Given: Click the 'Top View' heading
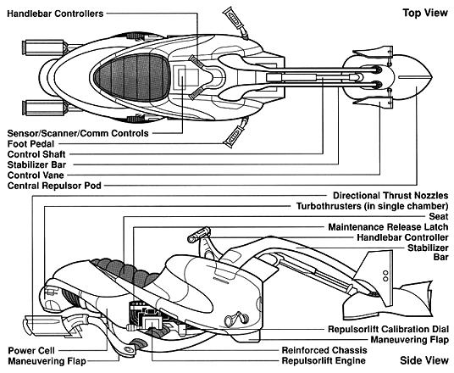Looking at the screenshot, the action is pos(425,13).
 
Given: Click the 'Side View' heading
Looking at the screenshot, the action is pos(424,360).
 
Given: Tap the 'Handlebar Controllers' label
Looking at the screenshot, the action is pos(55,14).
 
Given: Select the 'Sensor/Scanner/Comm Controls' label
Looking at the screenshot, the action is pos(78,133).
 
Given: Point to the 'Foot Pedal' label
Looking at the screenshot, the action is pos(30,144).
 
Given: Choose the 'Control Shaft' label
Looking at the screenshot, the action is pos(36,154).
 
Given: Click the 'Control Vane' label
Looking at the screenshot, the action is pos(36,175).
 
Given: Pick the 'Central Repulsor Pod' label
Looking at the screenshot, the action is pos(54,186).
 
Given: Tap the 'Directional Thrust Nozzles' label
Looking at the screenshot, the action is pos(390,196).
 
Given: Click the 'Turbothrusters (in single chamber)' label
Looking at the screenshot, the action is pos(373,206).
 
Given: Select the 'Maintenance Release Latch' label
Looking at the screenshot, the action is pos(388,227).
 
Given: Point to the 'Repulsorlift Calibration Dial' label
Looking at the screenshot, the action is pos(388,329).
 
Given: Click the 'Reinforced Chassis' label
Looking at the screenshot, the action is pos(324,350).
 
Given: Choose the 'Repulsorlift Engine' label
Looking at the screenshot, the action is pos(324,360).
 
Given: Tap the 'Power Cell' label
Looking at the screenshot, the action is pos(31,350).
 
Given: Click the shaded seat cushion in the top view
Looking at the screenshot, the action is pos(131,78).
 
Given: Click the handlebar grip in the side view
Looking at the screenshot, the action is pos(199,235).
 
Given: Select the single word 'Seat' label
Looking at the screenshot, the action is pos(439,216).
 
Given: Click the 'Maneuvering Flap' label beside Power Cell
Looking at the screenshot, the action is pos(47,361).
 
